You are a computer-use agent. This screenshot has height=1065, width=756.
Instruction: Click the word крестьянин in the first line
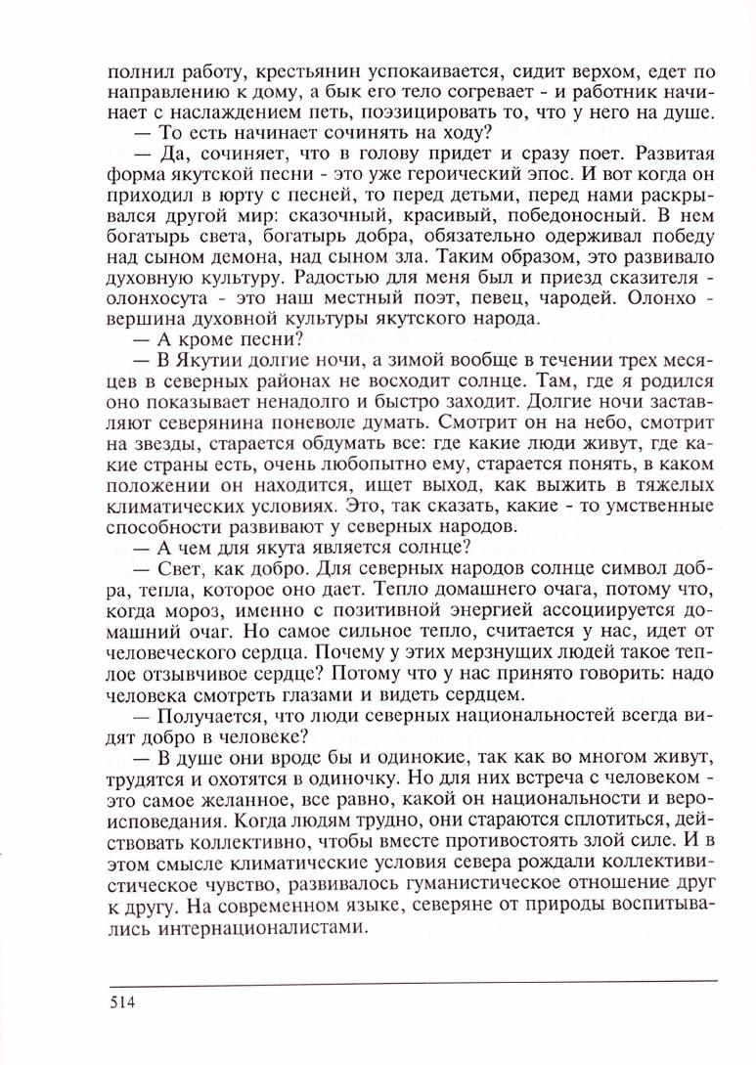point(285,71)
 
